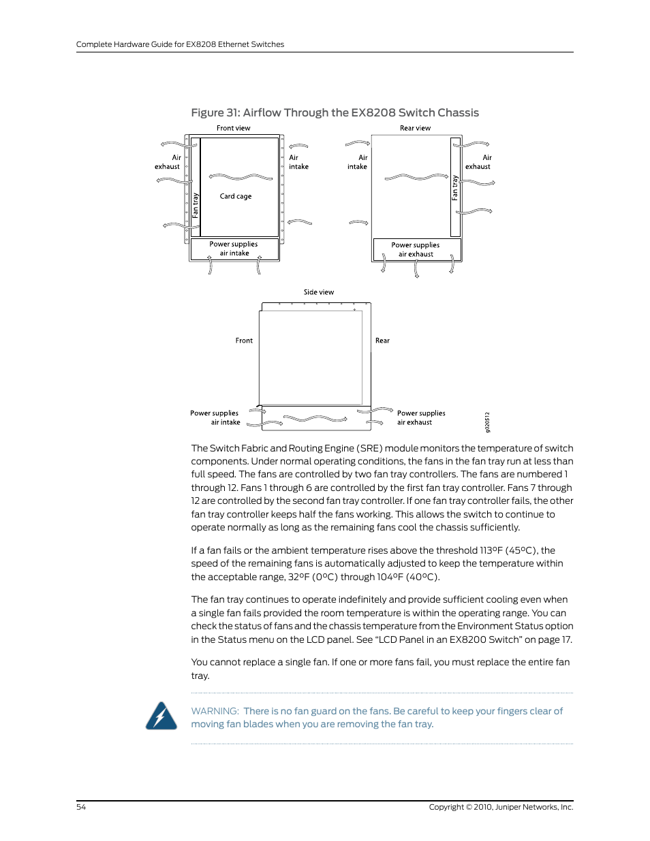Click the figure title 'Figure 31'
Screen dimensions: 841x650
click(335, 113)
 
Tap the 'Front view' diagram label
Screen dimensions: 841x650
click(233, 128)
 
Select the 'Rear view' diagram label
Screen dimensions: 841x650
click(415, 128)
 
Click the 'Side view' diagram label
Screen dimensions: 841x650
click(318, 292)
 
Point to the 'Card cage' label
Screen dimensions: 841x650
click(235, 196)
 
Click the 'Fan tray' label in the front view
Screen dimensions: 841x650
click(196, 205)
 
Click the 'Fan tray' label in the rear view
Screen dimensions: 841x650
click(455, 188)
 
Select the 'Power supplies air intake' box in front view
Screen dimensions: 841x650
click(234, 249)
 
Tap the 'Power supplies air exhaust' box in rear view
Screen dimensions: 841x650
click(416, 249)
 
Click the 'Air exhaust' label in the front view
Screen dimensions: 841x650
click(168, 162)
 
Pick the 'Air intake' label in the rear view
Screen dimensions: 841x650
click(358, 162)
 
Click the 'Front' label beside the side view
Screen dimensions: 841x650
click(244, 340)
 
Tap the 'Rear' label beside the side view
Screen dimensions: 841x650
click(382, 340)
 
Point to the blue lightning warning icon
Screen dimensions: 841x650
click(161, 716)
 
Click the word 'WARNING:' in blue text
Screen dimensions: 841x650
click(215, 711)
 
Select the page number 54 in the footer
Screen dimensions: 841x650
click(81, 807)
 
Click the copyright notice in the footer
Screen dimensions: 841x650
click(501, 807)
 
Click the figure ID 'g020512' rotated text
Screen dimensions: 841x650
click(487, 422)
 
